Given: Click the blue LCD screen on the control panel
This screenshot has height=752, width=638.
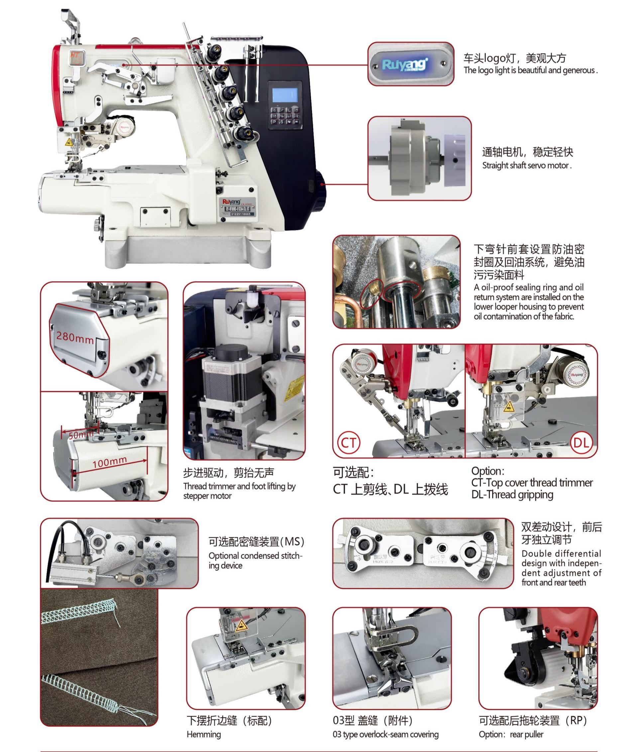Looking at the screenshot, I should click(x=285, y=95).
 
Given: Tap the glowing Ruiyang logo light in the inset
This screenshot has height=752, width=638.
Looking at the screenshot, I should click(x=405, y=65).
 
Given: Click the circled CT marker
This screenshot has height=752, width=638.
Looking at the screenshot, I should click(x=349, y=442).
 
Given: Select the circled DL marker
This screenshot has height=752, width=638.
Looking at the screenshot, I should click(x=581, y=442).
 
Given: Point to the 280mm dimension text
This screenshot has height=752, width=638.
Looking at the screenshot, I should click(x=74, y=338).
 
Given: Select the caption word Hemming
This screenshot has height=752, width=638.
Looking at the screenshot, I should click(x=204, y=734).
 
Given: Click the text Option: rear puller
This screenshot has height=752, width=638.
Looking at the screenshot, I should click(x=511, y=734).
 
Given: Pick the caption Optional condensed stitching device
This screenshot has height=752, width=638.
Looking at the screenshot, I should click(x=255, y=560).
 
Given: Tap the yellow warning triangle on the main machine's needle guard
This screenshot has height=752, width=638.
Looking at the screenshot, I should click(x=69, y=142).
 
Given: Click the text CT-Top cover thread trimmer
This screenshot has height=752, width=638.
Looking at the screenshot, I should click(x=532, y=483).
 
